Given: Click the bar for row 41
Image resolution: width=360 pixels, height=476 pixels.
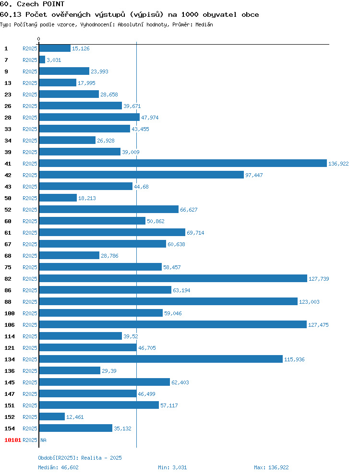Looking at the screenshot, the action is [x=183, y=163].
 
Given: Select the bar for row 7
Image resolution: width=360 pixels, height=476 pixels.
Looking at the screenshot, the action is [x=42, y=60].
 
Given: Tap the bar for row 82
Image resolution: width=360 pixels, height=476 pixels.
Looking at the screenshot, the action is [x=173, y=278].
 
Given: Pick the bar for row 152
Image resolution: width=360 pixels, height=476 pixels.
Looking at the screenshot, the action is [x=52, y=416].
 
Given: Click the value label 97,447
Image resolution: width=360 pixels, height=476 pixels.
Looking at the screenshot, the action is [x=254, y=175].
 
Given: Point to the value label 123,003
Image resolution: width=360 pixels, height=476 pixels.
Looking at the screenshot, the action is [x=309, y=302].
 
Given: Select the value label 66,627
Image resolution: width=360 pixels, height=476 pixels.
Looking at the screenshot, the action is [x=189, y=210].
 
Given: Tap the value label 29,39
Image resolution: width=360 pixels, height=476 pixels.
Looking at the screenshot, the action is [x=109, y=371].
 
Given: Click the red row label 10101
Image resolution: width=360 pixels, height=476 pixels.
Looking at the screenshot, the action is [x=13, y=440].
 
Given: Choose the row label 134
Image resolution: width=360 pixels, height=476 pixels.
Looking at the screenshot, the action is [x=10, y=359].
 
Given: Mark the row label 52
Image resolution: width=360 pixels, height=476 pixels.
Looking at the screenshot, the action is [x=8, y=210].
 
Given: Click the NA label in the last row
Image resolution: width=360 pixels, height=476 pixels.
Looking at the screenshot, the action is [x=44, y=440].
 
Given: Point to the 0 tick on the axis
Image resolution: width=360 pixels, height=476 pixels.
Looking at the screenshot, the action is [x=38, y=39].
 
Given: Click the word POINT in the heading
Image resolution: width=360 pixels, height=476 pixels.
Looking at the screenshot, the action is [x=53, y=4].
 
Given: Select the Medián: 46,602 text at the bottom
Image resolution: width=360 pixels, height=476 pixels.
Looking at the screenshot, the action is [x=59, y=467].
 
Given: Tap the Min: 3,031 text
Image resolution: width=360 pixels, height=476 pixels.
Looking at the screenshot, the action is [x=172, y=467].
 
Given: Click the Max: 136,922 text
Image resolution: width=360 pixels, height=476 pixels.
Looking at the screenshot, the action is [x=271, y=467].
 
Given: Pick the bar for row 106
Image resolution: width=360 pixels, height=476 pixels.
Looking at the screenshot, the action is [x=173, y=324].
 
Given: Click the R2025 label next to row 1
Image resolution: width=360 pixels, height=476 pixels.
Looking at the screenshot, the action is [x=30, y=48].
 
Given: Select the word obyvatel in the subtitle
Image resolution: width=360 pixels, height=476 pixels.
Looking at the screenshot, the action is [x=220, y=14].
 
